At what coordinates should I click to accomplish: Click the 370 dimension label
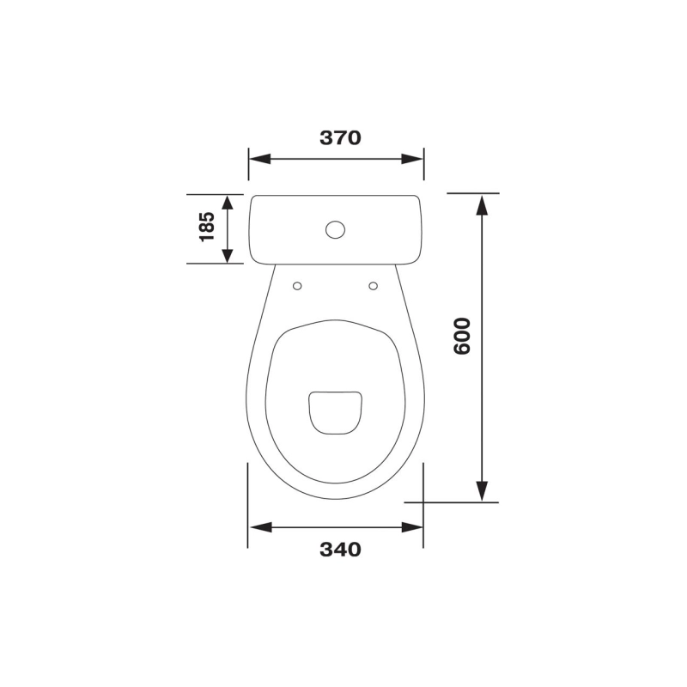pyautogui.click(x=340, y=137)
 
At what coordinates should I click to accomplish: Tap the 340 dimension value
pyautogui.click(x=340, y=550)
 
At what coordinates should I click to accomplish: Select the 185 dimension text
pyautogui.click(x=207, y=227)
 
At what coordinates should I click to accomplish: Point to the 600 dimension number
pyautogui.click(x=462, y=336)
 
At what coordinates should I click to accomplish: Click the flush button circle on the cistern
pyautogui.click(x=335, y=229)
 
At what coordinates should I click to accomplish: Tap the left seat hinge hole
pyautogui.click(x=297, y=286)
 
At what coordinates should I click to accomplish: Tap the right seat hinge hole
pyautogui.click(x=374, y=286)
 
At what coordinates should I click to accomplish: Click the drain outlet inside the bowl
pyautogui.click(x=335, y=413)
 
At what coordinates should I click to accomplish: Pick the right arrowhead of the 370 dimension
pyautogui.click(x=412, y=159)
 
